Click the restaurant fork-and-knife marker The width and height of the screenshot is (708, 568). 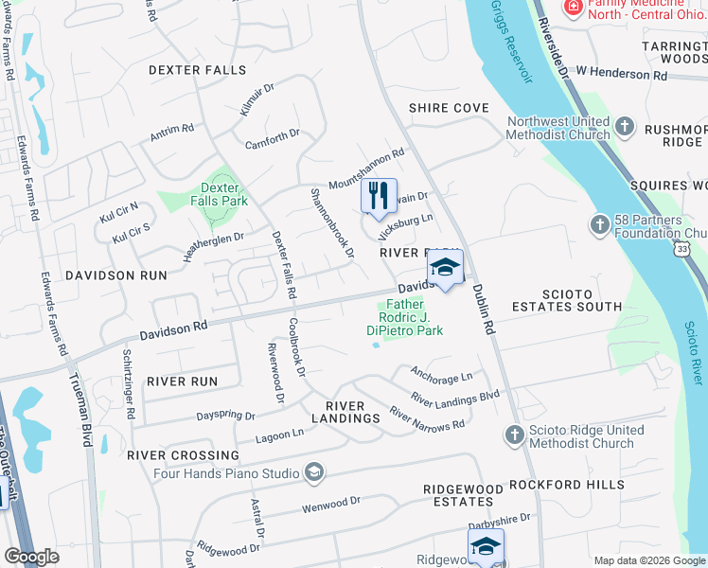pyautogui.click(x=379, y=196)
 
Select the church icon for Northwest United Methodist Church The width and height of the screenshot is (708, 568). pyautogui.click(x=625, y=126)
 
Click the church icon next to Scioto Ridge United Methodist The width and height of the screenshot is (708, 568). pyautogui.click(x=514, y=435)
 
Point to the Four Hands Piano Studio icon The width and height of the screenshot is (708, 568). pyautogui.click(x=314, y=471)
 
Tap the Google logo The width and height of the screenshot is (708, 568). pyautogui.click(x=32, y=557)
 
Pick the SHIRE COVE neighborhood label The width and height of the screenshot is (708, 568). pyautogui.click(x=449, y=108)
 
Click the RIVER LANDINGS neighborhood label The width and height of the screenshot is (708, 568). pyautogui.click(x=346, y=412)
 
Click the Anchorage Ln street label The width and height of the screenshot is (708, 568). pyautogui.click(x=440, y=376)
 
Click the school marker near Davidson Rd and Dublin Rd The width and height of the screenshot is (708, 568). pyautogui.click(x=445, y=269)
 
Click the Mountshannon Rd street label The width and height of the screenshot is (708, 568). pyautogui.click(x=366, y=168)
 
